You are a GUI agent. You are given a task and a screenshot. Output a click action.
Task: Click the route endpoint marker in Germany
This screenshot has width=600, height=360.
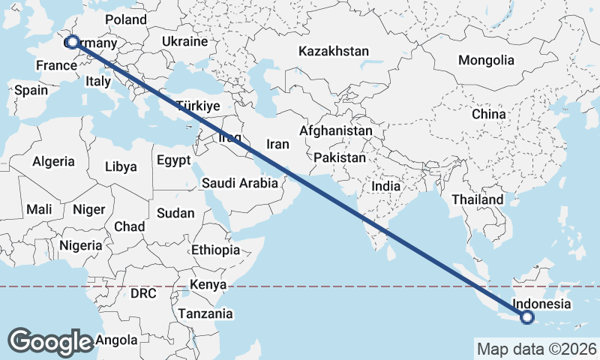click(72, 42)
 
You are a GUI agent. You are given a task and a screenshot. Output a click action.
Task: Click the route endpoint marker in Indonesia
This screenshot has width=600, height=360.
click(527, 318)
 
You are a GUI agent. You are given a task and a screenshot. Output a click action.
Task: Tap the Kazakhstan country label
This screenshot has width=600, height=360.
click(334, 52)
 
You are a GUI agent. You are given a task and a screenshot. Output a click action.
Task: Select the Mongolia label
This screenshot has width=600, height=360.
click(487, 60)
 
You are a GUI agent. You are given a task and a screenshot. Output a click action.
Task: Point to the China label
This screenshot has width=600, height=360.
click(489, 114)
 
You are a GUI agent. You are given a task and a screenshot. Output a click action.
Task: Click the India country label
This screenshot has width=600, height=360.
click(386, 186)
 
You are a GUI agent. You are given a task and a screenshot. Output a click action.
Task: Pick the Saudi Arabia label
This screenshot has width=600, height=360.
click(240, 182)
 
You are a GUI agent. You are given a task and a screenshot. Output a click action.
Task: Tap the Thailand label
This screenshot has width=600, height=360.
click(477, 200)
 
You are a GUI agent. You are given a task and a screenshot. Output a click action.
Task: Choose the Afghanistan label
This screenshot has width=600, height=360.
click(335, 130)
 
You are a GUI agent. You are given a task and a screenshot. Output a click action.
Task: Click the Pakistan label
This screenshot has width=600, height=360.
click(340, 158)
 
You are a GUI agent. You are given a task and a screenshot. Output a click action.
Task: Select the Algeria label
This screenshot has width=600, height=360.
click(53, 161)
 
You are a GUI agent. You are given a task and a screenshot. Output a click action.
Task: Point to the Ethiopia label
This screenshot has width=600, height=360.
click(215, 250)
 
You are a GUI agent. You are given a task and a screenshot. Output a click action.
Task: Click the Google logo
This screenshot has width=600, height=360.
click(50, 341)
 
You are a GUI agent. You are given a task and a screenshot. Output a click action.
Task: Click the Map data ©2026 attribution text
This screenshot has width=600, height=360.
click(537, 349)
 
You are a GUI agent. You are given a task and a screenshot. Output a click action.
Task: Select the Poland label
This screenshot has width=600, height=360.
click(126, 19)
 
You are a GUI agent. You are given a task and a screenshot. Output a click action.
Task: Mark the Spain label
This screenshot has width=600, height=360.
click(31, 90)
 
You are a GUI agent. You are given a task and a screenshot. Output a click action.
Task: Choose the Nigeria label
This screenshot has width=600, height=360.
click(80, 245)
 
